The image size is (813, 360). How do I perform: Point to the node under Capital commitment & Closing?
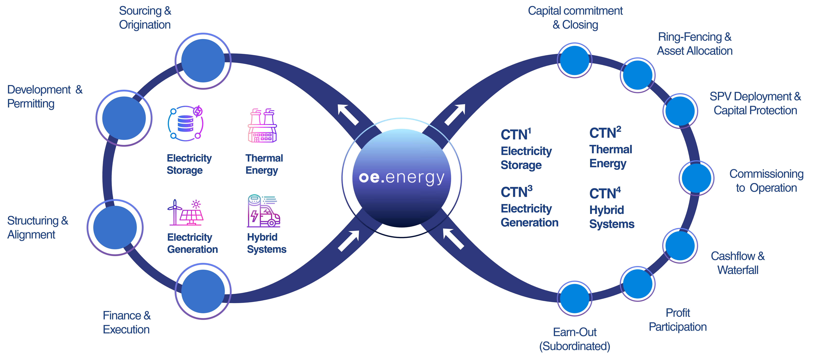coord(574,60)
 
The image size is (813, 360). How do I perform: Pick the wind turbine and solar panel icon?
coord(186,212)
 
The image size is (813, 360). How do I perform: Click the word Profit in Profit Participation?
coord(678,313)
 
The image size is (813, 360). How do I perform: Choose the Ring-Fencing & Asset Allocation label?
coord(694,44)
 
